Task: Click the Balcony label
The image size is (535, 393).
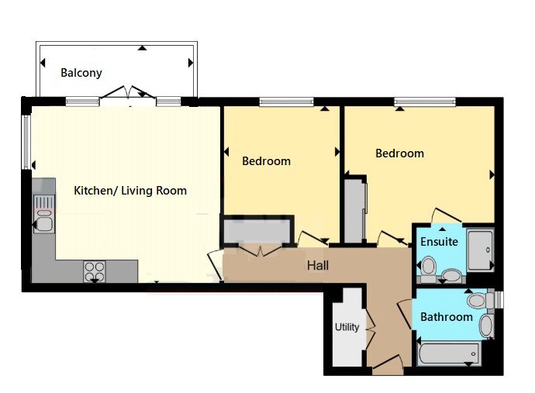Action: pyautogui.click(x=81, y=73)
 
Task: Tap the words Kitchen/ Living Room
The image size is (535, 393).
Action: pyautogui.click(x=129, y=190)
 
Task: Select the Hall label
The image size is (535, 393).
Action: pyautogui.click(x=317, y=266)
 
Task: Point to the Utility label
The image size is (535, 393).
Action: pyautogui.click(x=347, y=327)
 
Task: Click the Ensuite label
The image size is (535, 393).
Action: pyautogui.click(x=439, y=242)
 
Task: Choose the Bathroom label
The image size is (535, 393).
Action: pyautogui.click(x=446, y=317)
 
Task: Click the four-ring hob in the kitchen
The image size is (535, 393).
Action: pyautogui.click(x=94, y=271)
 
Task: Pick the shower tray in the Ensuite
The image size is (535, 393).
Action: pyautogui.click(x=481, y=250)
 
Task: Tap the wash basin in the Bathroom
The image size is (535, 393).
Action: pyautogui.click(x=486, y=326)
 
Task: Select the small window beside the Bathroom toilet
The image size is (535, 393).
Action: pyautogui.click(x=499, y=299)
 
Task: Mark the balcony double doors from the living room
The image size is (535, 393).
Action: pyautogui.click(x=128, y=97)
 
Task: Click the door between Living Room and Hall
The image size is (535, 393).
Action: pyautogui.click(x=214, y=262)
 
